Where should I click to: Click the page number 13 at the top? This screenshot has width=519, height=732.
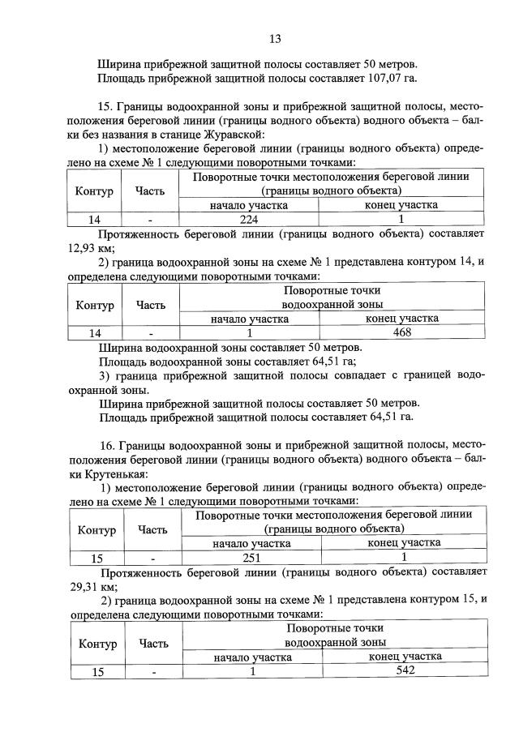click(275, 38)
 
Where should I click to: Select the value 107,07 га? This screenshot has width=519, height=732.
click(389, 78)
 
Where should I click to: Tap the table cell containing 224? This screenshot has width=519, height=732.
click(249, 219)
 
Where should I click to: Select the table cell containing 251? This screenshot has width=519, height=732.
click(254, 558)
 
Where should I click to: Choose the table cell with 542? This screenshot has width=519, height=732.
click(403, 671)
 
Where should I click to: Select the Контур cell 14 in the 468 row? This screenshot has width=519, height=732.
click(95, 333)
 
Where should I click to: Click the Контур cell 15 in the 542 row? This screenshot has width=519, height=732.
click(97, 672)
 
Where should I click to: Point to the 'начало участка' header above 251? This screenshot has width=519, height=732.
click(254, 543)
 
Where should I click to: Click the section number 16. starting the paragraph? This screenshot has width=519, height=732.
click(107, 445)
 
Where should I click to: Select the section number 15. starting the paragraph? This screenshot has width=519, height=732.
click(107, 106)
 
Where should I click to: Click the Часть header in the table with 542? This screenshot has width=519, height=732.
click(154, 644)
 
